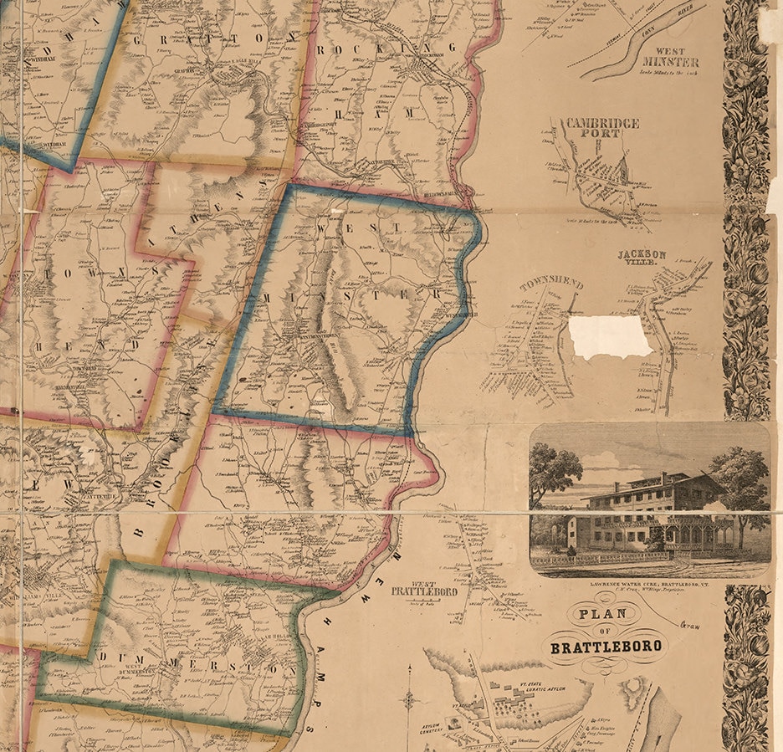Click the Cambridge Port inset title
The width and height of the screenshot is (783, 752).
[601, 128]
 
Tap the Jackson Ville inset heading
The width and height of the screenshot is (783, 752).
[642, 258]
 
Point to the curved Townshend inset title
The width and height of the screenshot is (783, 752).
[551, 285]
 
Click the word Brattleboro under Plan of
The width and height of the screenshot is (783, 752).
[606, 646]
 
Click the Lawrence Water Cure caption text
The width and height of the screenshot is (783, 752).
[649, 583]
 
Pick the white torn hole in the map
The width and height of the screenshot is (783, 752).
[609, 335]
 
